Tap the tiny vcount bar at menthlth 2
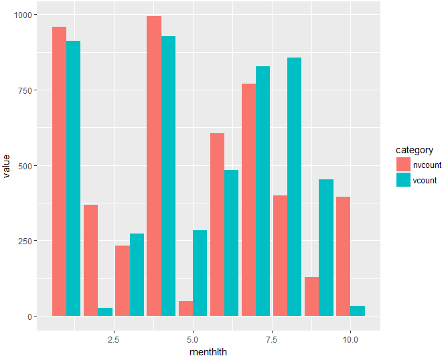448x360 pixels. click(105, 312)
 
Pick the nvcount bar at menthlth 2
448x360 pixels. click(90, 260)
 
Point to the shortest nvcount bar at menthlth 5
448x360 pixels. click(185, 308)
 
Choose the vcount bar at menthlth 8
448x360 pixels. click(294, 187)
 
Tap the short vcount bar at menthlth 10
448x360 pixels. click(357, 311)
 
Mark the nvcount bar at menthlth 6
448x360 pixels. click(217, 225)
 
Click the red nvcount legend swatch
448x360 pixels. click(403, 165)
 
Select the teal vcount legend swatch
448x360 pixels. click(403, 180)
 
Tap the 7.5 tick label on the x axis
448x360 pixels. click(271, 339)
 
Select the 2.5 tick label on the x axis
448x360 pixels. click(113, 339)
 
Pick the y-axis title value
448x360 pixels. click(7, 165)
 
